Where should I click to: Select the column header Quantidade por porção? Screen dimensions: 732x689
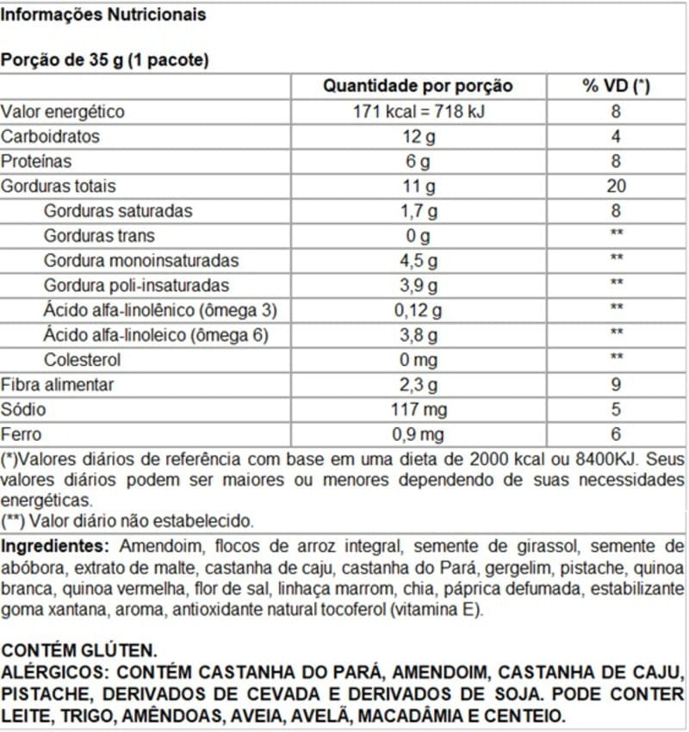coord(418,86)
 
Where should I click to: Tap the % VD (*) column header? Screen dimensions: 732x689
coord(616,86)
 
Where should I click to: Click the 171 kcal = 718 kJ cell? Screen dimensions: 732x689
coord(418,112)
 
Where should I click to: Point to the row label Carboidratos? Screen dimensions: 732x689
coord(50,137)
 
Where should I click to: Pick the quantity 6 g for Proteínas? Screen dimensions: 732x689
coord(418,162)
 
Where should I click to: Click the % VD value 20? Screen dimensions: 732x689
coord(616,186)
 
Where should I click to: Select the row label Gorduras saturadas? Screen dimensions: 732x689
coord(118,211)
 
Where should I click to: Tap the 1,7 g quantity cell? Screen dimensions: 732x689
coord(418,211)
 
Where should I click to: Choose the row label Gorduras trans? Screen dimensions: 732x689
coord(99,236)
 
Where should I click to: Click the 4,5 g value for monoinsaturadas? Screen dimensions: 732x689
coord(418,261)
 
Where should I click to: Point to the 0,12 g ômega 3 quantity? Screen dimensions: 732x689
coord(418,310)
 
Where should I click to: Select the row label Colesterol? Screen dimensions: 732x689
coord(82,360)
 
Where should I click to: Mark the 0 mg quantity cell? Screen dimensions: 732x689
coord(418,360)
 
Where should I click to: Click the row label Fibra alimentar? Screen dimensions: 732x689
coord(57,385)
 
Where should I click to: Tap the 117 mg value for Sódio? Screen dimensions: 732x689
coord(418,410)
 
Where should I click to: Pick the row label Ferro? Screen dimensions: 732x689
coord(21,435)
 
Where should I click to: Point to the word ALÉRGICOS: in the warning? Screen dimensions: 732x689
coord(53,673)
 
